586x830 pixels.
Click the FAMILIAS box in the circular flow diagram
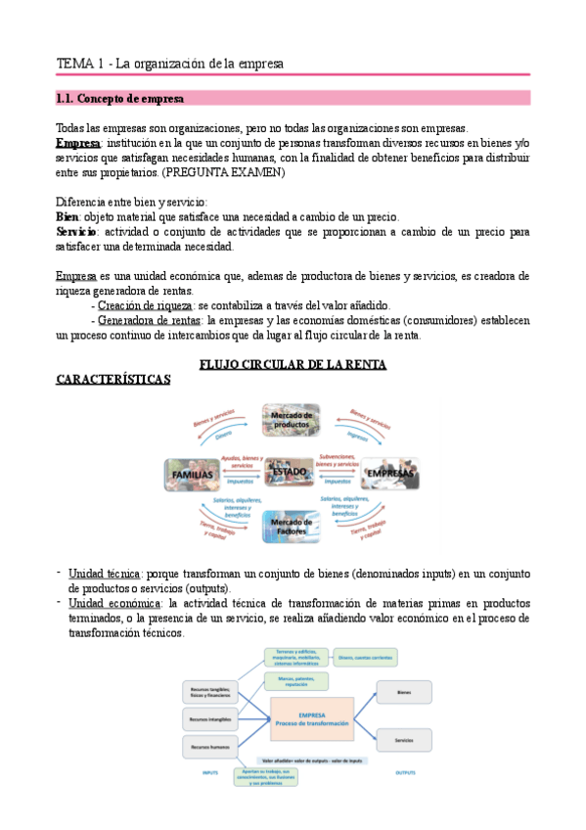[x=193, y=476]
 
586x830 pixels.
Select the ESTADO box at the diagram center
[x=291, y=473]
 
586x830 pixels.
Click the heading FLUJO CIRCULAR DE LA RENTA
[x=293, y=364]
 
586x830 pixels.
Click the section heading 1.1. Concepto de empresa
[x=118, y=99]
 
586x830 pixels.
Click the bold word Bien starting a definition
[x=68, y=216]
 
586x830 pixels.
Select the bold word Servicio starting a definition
[x=77, y=232]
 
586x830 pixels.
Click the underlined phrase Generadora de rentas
[x=148, y=320]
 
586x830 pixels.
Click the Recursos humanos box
[x=208, y=747]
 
